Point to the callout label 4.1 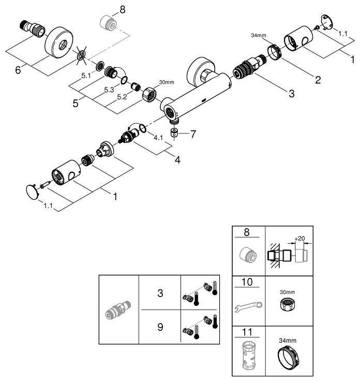point(159,139)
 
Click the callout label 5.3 point(109,90)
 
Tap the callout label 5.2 point(122,96)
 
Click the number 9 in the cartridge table point(160,327)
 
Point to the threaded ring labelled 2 point(274,52)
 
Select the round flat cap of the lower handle point(32,192)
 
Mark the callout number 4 point(177,160)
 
